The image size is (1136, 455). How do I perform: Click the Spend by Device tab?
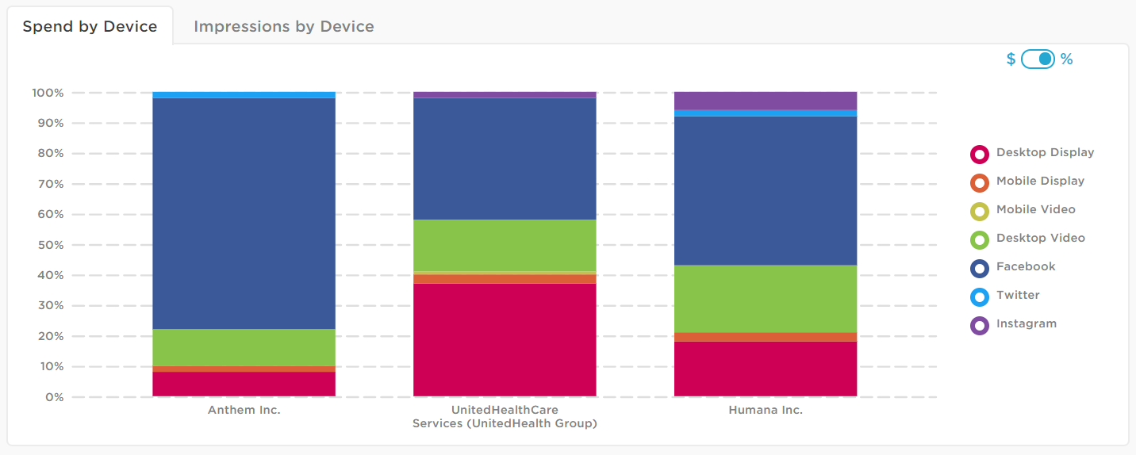click(x=90, y=26)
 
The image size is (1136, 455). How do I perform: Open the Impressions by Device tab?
click(x=283, y=26)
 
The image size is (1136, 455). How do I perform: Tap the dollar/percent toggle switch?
click(x=1038, y=59)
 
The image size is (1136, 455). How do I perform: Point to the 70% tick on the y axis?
click(x=48, y=184)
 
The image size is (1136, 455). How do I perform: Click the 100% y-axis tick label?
click(x=48, y=93)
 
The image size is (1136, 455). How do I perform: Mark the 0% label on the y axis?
click(x=53, y=397)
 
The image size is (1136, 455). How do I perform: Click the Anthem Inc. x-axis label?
click(x=244, y=411)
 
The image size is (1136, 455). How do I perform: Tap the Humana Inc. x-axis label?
click(x=766, y=411)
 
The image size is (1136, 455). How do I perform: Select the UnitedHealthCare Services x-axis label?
click(x=505, y=417)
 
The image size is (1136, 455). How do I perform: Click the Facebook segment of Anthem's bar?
click(x=244, y=212)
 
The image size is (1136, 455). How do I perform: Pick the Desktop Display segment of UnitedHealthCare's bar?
click(x=505, y=339)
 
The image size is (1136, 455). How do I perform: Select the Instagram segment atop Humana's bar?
click(x=766, y=101)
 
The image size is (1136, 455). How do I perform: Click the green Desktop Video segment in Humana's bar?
click(x=766, y=299)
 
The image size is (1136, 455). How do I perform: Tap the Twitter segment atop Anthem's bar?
click(x=244, y=95)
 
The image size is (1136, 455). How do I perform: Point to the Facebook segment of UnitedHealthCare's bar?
click(x=505, y=159)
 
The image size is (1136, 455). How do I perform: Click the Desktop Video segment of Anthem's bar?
click(x=244, y=347)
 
